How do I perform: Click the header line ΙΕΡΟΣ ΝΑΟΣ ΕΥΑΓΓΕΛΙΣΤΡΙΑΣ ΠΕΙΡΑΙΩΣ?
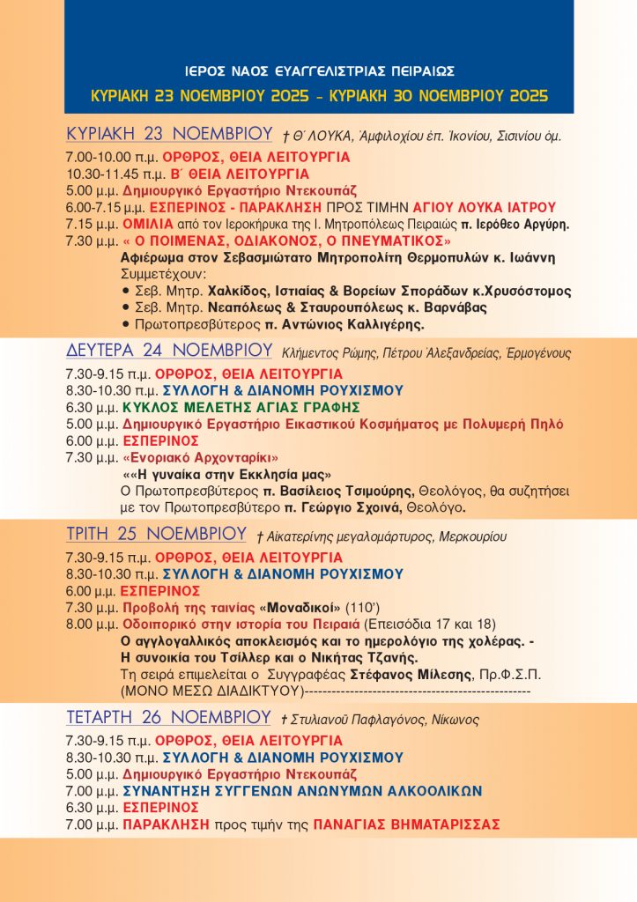pyautogui.click(x=320, y=71)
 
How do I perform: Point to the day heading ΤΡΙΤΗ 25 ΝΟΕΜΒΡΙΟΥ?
pyautogui.click(x=156, y=535)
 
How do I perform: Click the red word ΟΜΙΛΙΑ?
pyautogui.click(x=145, y=224)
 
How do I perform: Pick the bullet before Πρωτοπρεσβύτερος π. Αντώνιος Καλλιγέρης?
pyautogui.click(x=125, y=324)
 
